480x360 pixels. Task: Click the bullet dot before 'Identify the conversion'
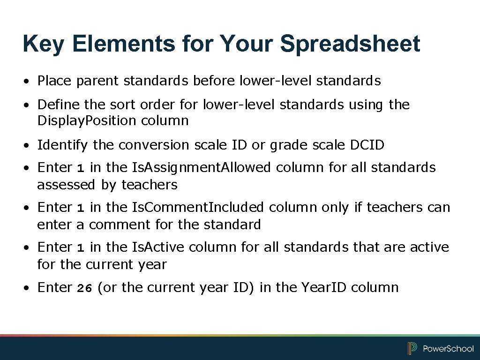(29, 146)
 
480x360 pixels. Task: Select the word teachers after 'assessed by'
(150, 185)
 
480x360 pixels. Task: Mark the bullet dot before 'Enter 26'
(29, 288)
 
